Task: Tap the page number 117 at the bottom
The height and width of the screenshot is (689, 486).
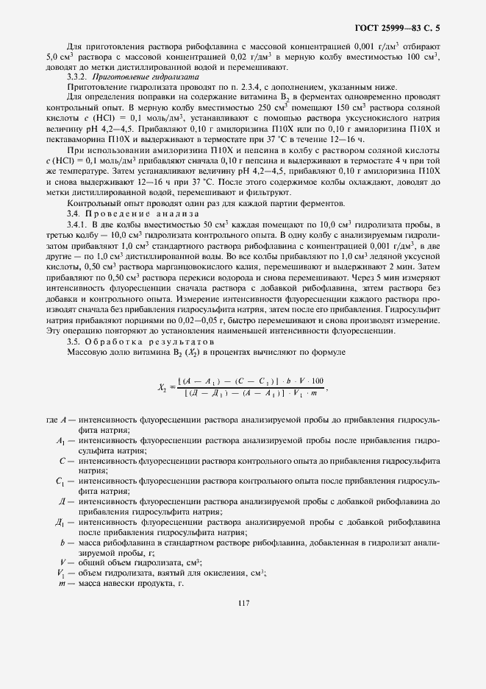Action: (244, 603)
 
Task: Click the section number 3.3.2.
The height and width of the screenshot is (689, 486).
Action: (79, 76)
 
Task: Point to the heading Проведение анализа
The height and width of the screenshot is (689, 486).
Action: (132, 213)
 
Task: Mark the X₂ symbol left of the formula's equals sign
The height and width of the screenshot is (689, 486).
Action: (162, 386)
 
